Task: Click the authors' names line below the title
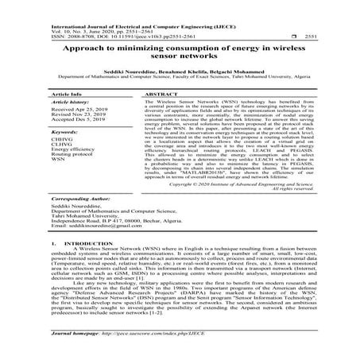coord(180,72)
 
